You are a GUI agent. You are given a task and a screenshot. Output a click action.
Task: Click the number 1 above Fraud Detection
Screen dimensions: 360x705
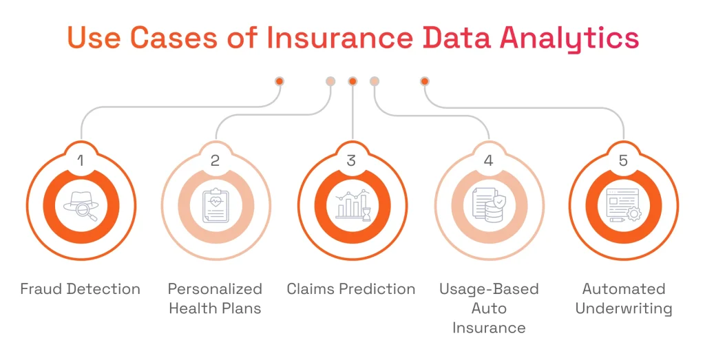81,161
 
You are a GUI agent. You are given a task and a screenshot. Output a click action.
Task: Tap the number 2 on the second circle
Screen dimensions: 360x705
215,161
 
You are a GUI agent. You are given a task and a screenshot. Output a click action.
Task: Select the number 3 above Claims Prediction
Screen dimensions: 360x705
352,161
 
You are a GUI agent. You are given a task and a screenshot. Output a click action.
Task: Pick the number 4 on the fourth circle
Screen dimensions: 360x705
488,161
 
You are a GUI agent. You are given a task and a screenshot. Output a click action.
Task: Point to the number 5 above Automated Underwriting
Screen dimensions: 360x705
624,161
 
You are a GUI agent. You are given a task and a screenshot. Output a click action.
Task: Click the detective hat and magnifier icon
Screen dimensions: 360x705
81,205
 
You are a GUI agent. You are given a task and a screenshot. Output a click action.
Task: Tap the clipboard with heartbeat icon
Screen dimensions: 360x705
215,205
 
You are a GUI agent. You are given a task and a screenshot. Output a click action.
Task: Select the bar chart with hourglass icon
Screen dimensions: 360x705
352,205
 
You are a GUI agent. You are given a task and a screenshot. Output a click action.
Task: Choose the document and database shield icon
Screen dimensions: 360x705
488,205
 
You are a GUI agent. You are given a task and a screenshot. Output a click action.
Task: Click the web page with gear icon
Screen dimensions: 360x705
624,205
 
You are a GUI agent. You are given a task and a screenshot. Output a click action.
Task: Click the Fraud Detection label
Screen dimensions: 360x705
81,289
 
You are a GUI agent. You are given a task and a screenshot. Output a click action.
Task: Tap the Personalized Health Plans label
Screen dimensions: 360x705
215,298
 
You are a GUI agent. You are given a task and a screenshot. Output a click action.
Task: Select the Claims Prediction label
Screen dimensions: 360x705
352,289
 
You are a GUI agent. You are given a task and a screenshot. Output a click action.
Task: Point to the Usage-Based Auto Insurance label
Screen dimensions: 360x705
488,308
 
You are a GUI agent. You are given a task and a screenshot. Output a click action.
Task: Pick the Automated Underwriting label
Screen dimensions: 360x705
624,298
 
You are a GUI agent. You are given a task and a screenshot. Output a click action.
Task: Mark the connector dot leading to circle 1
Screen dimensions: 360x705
280,81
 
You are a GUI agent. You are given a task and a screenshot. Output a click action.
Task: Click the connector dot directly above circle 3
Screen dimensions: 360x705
352,81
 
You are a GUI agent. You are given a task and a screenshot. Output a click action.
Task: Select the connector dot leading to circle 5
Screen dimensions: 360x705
425,81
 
